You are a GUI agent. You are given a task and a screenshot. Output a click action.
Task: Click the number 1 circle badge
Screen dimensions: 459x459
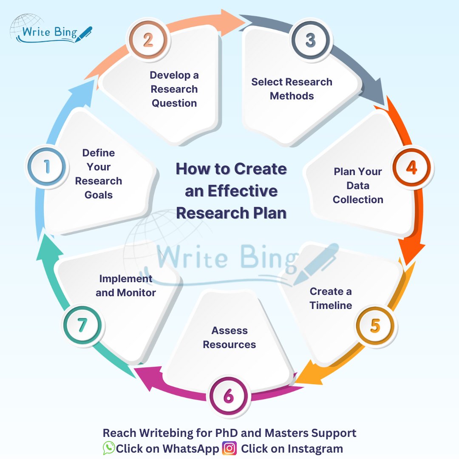46,166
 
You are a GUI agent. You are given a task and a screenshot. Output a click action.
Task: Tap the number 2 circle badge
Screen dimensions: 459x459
147,40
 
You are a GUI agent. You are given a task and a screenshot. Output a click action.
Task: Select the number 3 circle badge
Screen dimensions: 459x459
311,40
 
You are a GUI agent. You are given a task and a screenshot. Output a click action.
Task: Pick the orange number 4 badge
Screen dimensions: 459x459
411,167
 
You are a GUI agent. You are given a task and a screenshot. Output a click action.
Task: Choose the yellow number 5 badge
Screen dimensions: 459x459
374,326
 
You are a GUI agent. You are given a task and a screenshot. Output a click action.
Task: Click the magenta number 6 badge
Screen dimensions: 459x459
229,397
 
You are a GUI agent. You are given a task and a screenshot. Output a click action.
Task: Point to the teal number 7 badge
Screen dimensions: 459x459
82,326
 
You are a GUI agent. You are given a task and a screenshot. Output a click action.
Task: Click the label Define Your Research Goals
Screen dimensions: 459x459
99,174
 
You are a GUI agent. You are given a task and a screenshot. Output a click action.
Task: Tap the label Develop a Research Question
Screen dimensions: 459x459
174,89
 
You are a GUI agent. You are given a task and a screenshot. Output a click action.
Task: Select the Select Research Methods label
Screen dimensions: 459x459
292,89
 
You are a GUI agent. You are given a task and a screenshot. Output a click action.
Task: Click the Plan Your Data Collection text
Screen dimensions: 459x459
358,186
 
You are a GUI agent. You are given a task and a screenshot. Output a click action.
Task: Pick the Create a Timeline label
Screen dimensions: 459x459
331,298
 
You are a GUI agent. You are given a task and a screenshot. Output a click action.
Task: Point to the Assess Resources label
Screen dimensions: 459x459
229,337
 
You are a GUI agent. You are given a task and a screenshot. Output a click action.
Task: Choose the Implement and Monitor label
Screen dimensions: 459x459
126,286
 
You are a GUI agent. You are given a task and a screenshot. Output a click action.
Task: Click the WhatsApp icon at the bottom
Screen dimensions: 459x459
109,448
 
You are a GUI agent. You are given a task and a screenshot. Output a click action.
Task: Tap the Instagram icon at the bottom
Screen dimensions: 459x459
229,448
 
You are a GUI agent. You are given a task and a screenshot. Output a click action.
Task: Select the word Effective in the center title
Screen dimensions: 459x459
232,191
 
